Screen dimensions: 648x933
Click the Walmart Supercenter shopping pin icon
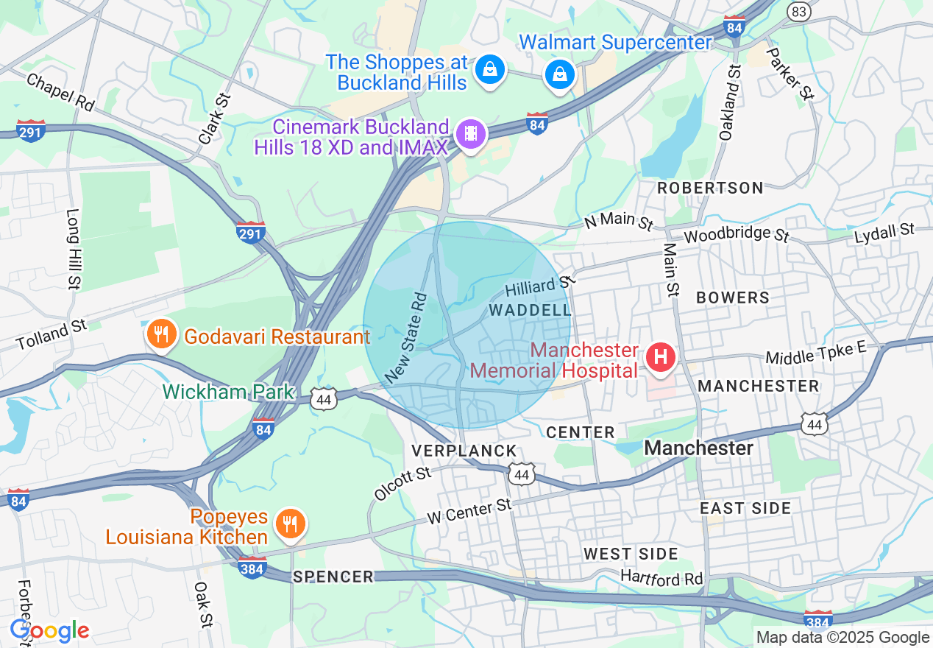pyautogui.click(x=560, y=74)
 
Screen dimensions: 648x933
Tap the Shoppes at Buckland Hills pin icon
pyautogui.click(x=488, y=71)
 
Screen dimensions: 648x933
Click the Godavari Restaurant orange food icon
pyautogui.click(x=160, y=334)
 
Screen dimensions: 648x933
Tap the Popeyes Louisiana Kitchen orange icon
pyautogui.click(x=291, y=524)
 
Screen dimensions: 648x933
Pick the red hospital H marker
pyautogui.click(x=660, y=358)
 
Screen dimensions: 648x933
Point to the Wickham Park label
pyautogui.click(x=228, y=392)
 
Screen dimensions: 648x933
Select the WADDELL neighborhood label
pyautogui.click(x=530, y=311)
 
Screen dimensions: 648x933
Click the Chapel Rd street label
pyautogui.click(x=60, y=92)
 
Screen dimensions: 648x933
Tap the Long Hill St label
pyautogui.click(x=74, y=248)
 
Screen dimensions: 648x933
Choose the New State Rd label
pyautogui.click(x=405, y=338)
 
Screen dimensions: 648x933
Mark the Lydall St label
pyautogui.click(x=884, y=234)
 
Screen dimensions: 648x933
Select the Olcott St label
pyautogui.click(x=402, y=483)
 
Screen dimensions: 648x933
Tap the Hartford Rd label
pyautogui.click(x=661, y=579)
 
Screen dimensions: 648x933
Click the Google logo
pyautogui.click(x=49, y=630)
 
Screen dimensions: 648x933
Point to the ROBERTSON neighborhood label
pyautogui.click(x=710, y=188)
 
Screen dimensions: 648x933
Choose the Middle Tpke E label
pyautogui.click(x=815, y=353)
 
